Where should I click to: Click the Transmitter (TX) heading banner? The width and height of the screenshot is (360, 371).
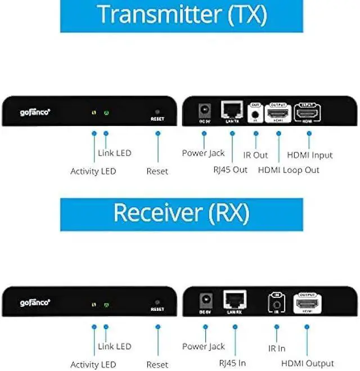[181, 15]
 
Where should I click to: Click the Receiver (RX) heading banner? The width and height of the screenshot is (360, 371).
[181, 214]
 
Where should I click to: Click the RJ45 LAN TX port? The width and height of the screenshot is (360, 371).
[231, 109]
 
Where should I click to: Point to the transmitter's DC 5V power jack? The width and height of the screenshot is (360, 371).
[204, 110]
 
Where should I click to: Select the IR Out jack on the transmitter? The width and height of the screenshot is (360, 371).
[256, 114]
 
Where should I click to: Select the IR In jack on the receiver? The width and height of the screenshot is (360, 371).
[276, 304]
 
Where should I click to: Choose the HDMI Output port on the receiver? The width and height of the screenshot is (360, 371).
[307, 304]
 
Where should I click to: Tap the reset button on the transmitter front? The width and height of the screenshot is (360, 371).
[157, 112]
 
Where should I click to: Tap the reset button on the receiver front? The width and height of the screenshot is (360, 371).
[157, 302]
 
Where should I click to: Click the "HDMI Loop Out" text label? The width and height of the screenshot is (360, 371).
[289, 170]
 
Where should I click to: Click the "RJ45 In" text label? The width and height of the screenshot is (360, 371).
[229, 363]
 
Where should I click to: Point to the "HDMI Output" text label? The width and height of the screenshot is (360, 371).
[307, 363]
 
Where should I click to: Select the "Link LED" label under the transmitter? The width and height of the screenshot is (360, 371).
[114, 153]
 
